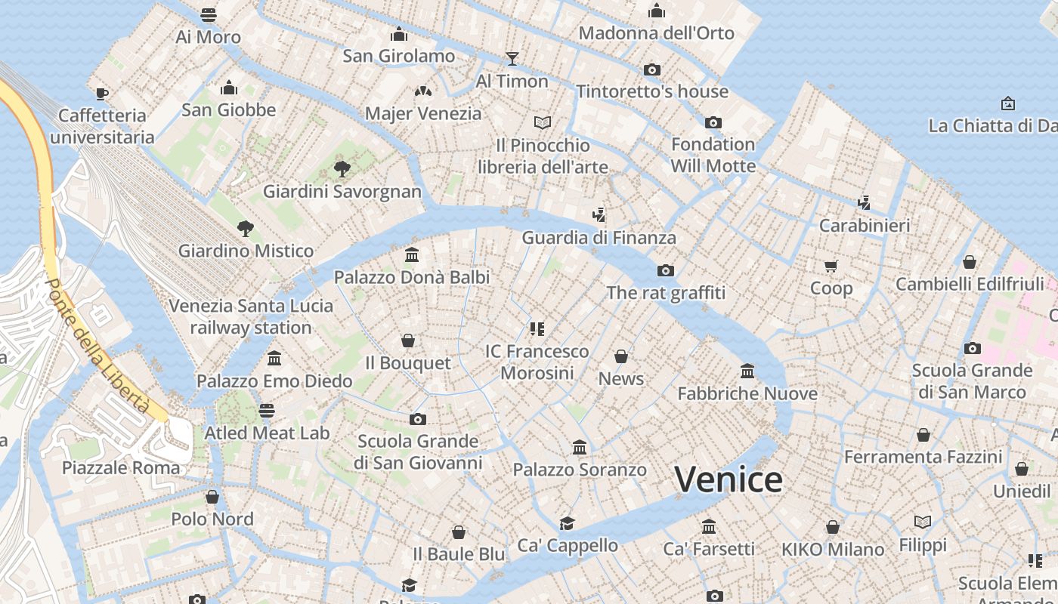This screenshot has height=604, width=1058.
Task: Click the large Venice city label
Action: pos(728,479)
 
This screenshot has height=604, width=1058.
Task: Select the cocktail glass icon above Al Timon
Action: pos(512,59)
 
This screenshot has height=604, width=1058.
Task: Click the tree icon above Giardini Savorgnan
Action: pos(342,168)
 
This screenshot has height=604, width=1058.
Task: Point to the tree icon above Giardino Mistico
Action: pos(245,228)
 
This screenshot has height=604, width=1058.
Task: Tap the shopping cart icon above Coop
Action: pos(831,266)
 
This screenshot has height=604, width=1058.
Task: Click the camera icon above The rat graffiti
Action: pos(665,270)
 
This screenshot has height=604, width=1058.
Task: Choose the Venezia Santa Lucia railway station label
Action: pos(250,316)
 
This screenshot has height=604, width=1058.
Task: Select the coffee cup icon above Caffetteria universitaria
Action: pos(102,94)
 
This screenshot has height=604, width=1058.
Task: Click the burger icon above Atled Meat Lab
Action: pos(267,411)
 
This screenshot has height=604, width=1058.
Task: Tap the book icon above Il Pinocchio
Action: pos(543,122)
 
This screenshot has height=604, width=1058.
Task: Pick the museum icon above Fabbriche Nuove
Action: pos(747,371)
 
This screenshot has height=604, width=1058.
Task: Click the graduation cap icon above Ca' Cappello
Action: pos(567,523)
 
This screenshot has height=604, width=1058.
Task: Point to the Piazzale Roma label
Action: pos(121,467)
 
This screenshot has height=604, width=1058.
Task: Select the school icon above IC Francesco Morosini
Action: pos(537,329)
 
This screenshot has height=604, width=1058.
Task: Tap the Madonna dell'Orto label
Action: pos(656,33)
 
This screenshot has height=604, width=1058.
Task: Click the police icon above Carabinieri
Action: pos(865,202)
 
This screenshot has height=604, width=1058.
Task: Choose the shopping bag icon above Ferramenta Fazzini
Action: pos(923,435)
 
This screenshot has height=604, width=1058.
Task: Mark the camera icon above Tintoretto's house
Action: pos(651,70)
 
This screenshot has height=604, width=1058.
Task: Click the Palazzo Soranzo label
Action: pos(580,470)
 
